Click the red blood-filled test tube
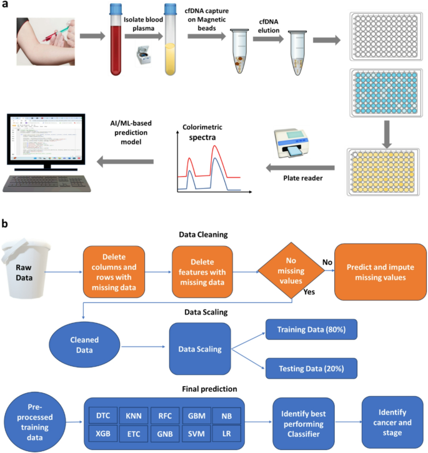click(x=116, y=47)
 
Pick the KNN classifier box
click(x=132, y=416)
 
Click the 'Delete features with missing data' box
click(x=202, y=272)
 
